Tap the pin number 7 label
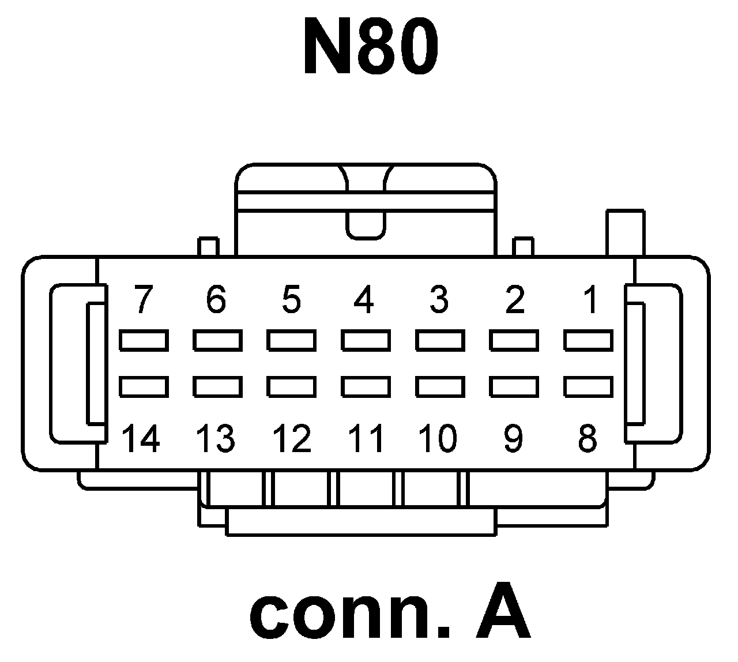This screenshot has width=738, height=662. pos(143,300)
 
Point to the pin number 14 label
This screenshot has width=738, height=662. pos(142,438)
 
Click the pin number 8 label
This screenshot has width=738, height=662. pos(588,438)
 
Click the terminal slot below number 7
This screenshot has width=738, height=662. pos(144,340)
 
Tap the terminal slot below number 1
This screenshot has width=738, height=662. pos(589,340)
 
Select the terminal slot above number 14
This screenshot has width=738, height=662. pos(144,386)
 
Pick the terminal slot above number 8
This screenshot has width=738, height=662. pos(589,386)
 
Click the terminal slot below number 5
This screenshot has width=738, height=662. pos(291,340)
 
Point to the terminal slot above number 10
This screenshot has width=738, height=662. pos(440,386)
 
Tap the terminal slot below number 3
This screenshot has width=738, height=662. pos(440,340)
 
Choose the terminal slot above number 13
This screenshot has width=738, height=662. pos(217,386)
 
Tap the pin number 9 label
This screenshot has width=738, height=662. pos(513,438)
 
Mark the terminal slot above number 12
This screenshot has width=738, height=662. pos(291,386)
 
